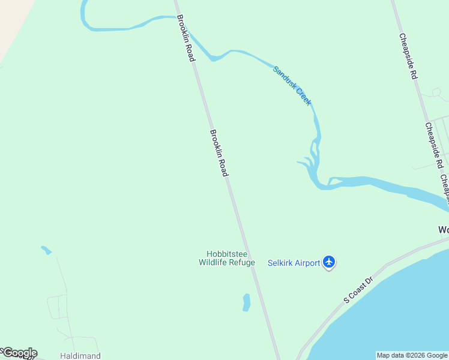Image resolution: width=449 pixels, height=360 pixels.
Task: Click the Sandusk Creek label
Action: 292,86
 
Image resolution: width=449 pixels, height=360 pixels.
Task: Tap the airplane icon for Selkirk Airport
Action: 328,262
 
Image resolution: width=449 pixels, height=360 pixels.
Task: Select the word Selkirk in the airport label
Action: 280,263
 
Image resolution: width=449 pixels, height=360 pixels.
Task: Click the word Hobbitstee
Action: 227,254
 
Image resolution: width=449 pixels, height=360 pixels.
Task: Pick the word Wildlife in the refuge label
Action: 214,262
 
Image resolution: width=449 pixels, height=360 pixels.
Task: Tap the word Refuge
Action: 242,262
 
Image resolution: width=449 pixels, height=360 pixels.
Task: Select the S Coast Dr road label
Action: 358,290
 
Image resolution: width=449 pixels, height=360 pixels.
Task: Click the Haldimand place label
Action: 80,356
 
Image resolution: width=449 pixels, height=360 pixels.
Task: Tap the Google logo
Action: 19,353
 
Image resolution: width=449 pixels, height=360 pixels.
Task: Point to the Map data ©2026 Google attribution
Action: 411,355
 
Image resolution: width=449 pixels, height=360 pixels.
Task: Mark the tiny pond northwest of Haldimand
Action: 46,250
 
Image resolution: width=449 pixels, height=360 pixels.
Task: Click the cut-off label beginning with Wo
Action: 443,230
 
